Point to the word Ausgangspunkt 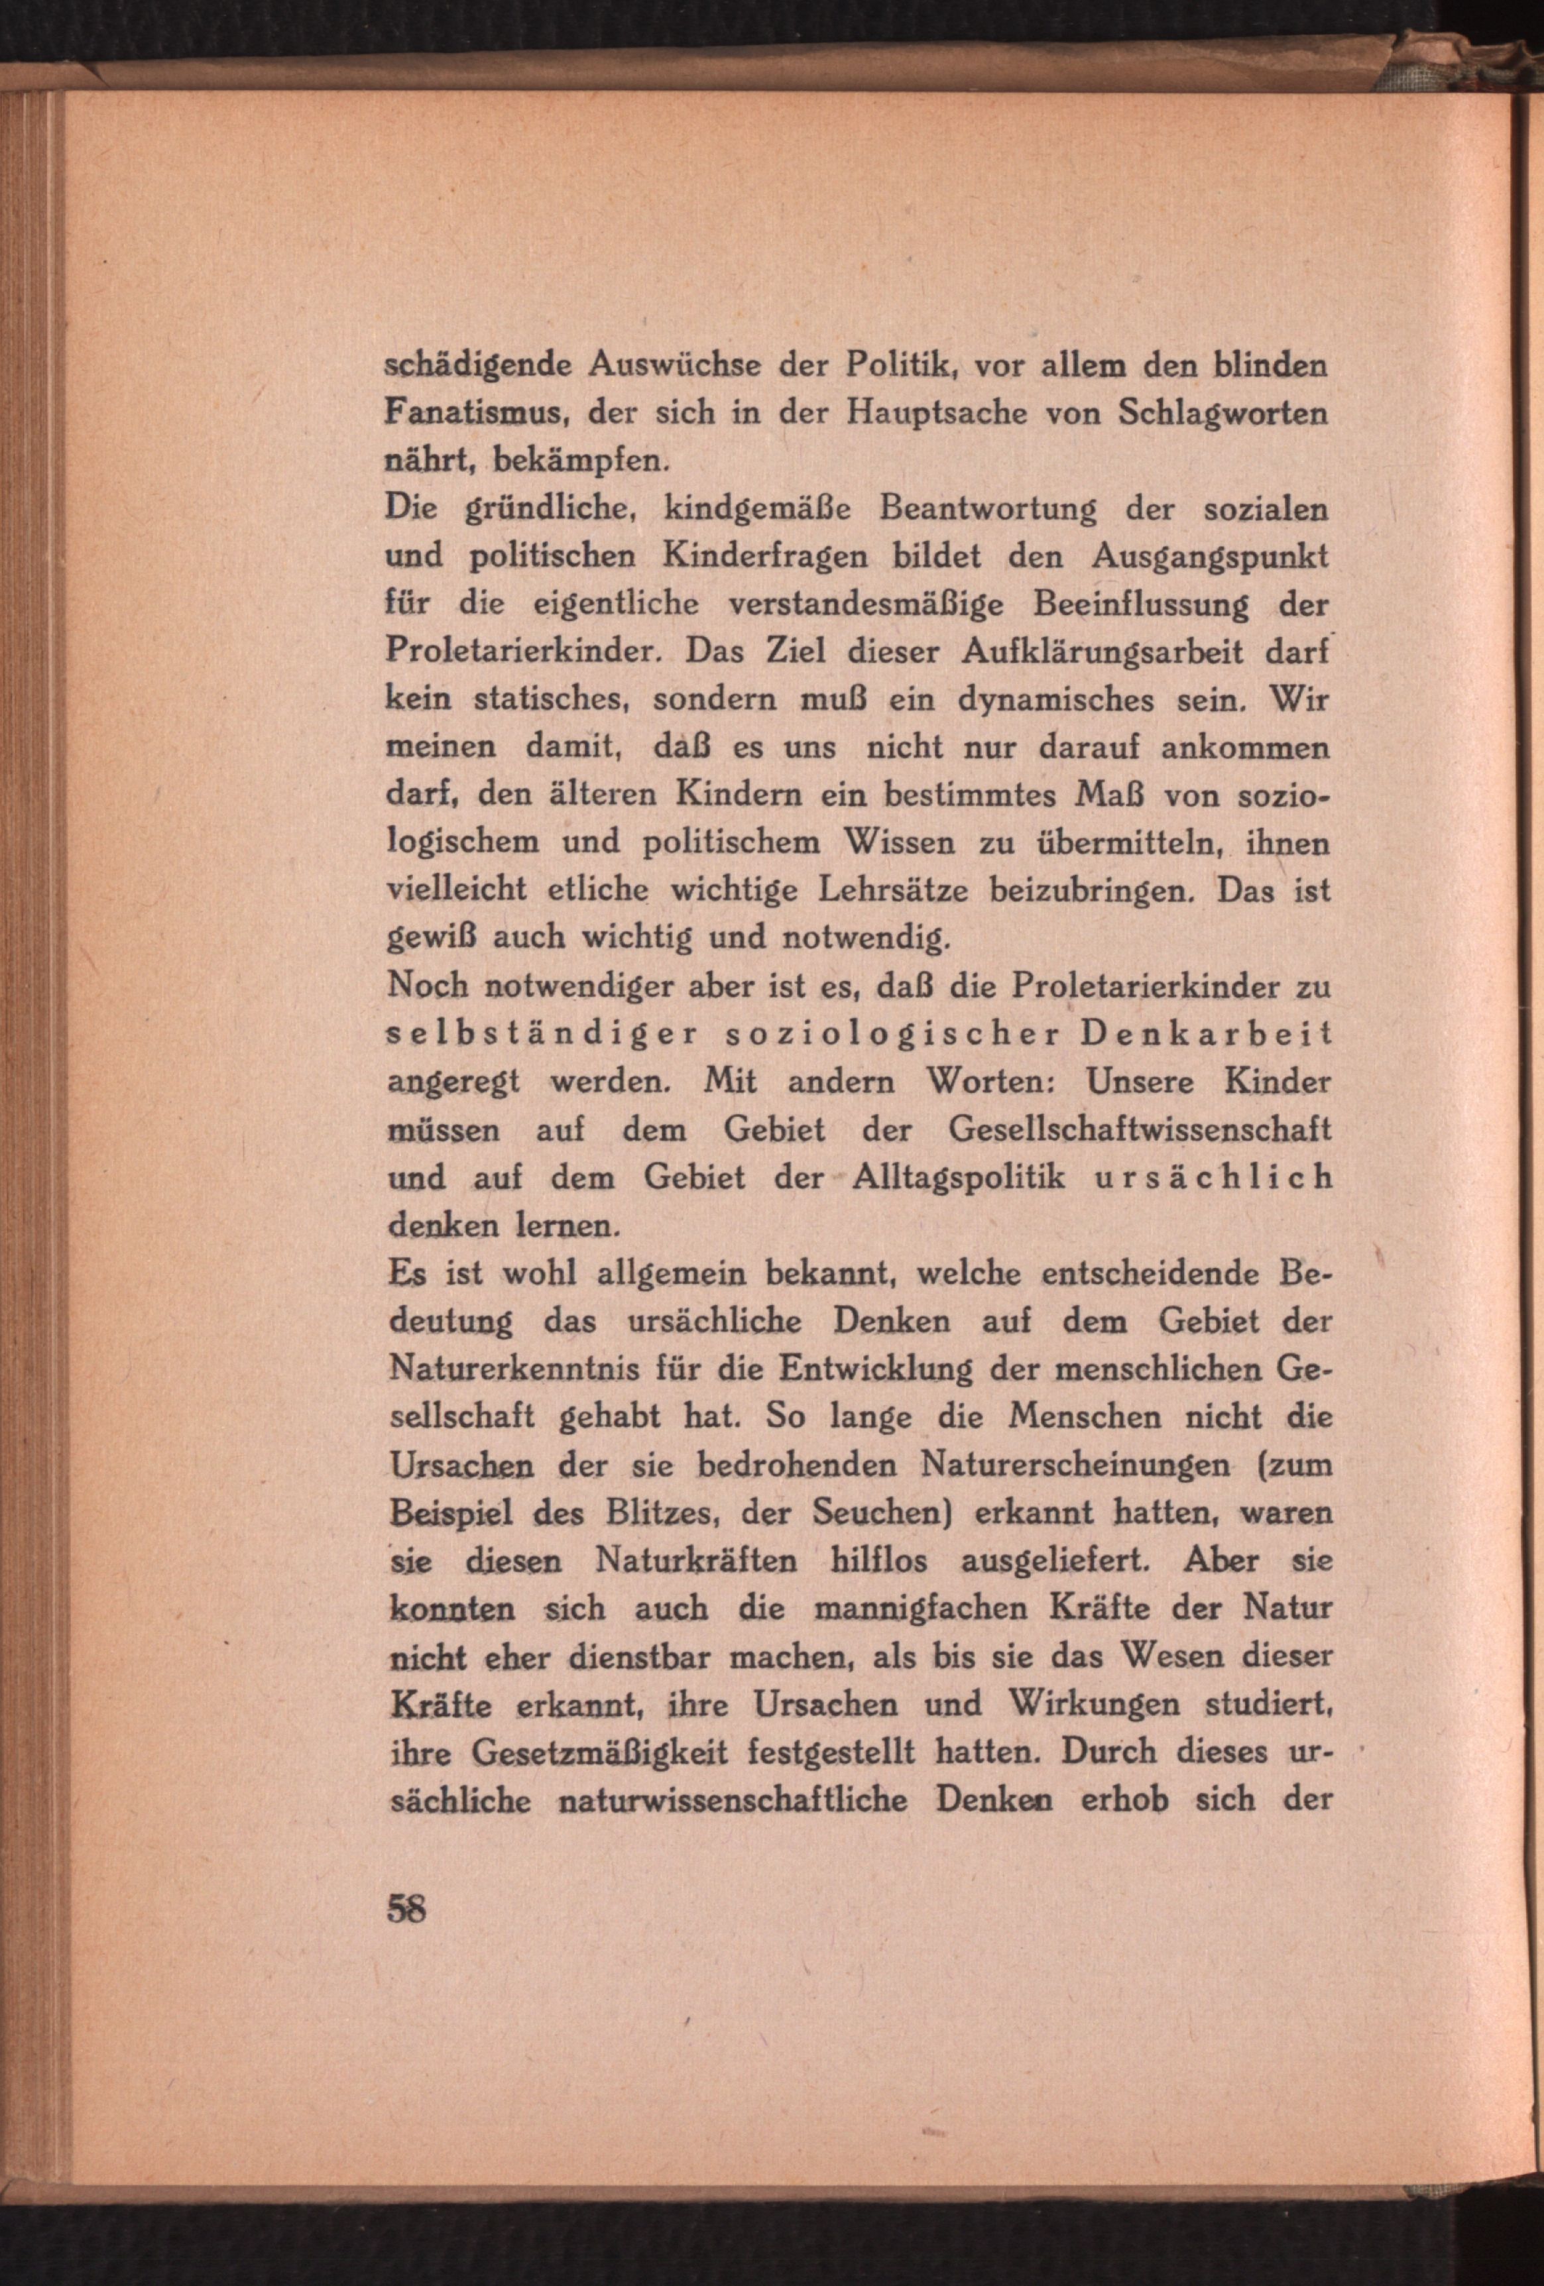[x=1209, y=556]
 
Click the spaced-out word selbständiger [x=542, y=1034]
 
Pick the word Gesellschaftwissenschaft [x=1140, y=1129]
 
